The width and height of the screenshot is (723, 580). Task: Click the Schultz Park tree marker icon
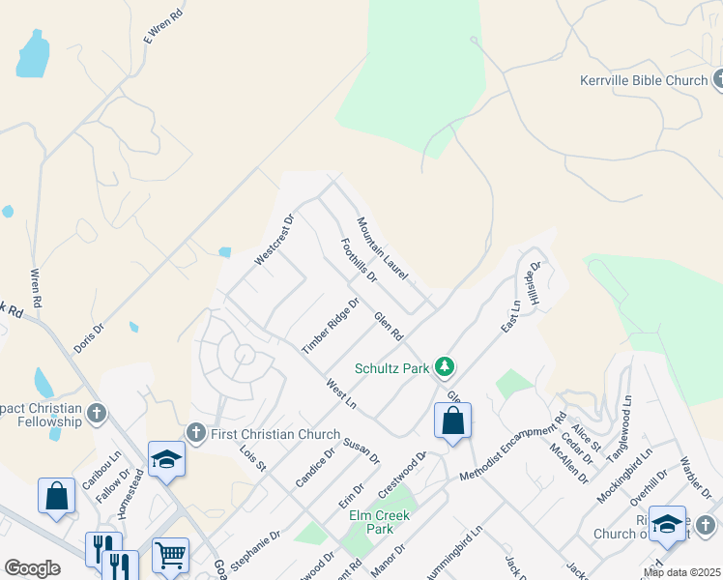(x=445, y=367)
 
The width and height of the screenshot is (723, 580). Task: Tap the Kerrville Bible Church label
(x=644, y=81)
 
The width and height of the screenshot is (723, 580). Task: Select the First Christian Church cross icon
(x=195, y=434)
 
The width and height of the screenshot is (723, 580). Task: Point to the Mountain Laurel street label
(x=382, y=249)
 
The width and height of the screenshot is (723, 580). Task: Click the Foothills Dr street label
(x=358, y=261)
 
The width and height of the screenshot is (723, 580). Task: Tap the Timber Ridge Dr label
(x=331, y=325)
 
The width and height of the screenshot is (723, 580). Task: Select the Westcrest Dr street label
(x=274, y=241)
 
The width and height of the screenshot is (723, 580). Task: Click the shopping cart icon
(x=170, y=555)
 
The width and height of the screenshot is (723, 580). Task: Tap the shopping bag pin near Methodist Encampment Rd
(x=452, y=421)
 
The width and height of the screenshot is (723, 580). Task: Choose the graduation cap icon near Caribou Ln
(x=166, y=460)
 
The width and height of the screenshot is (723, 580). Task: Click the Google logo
(x=32, y=568)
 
